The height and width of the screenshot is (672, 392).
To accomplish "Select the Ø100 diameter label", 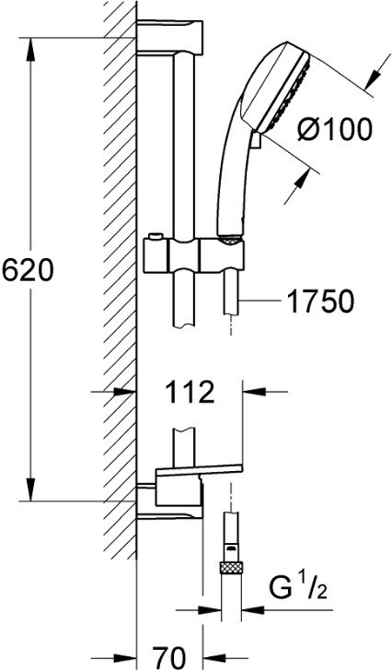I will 335,130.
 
